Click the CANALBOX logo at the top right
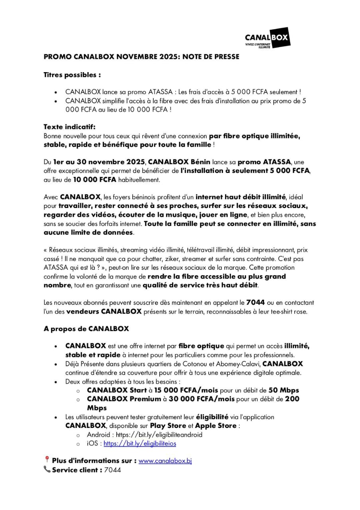click(267, 40)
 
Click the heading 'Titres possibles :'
click(72, 75)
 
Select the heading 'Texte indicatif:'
click(69, 127)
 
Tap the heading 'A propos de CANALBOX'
click(86, 329)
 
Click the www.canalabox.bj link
click(165, 461)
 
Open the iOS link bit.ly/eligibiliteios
click(140, 443)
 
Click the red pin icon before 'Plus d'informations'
click(47, 460)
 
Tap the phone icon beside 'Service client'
click(47, 470)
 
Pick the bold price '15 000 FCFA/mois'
click(186, 390)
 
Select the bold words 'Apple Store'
click(216, 426)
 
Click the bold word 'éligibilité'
click(212, 417)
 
